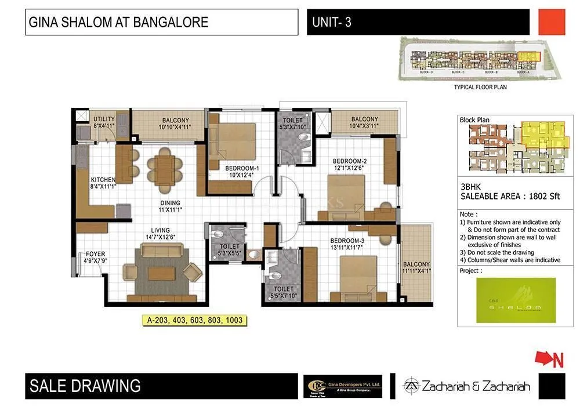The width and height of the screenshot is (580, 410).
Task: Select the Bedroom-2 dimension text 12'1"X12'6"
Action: point(348,169)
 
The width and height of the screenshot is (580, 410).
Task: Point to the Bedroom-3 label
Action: point(347,241)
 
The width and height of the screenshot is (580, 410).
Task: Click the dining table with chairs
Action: point(164,170)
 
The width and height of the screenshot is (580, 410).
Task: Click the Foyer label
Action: point(95,254)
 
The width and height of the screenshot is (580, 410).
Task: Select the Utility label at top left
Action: point(104,119)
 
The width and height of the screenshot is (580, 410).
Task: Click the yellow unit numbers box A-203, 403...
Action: point(193,320)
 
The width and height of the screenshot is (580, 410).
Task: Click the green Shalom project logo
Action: point(515,300)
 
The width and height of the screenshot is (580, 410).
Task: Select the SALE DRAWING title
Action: point(85,386)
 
